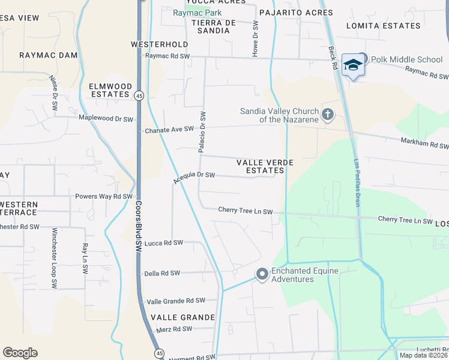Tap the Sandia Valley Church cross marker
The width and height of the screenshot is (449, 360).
point(328,115)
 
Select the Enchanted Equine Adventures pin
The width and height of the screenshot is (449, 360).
point(262,275)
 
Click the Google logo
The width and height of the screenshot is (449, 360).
point(20,353)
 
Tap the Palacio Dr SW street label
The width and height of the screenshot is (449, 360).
point(203,131)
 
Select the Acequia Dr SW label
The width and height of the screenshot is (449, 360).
point(193,176)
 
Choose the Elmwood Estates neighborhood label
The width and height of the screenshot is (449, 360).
point(110,90)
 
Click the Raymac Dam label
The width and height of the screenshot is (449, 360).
point(49,55)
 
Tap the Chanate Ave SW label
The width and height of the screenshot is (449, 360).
point(169,130)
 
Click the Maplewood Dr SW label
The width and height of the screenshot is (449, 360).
point(106,119)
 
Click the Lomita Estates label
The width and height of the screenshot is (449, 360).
point(384,26)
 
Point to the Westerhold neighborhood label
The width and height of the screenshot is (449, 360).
point(160,44)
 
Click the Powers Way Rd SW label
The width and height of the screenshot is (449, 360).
point(103,196)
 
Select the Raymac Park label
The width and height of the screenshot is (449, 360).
point(197,13)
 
